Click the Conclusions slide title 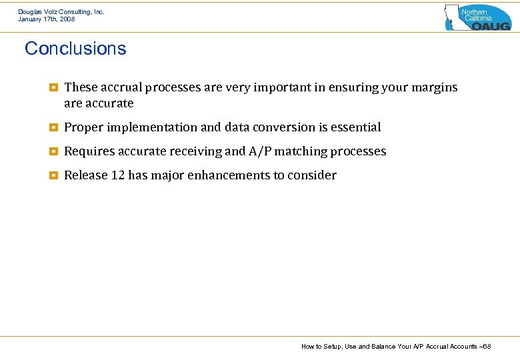[x=75, y=49]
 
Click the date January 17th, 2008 [x=47, y=19]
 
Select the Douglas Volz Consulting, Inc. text [x=61, y=11]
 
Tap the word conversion [x=279, y=127]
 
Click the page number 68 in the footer [x=487, y=346]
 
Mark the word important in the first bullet [x=277, y=87]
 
